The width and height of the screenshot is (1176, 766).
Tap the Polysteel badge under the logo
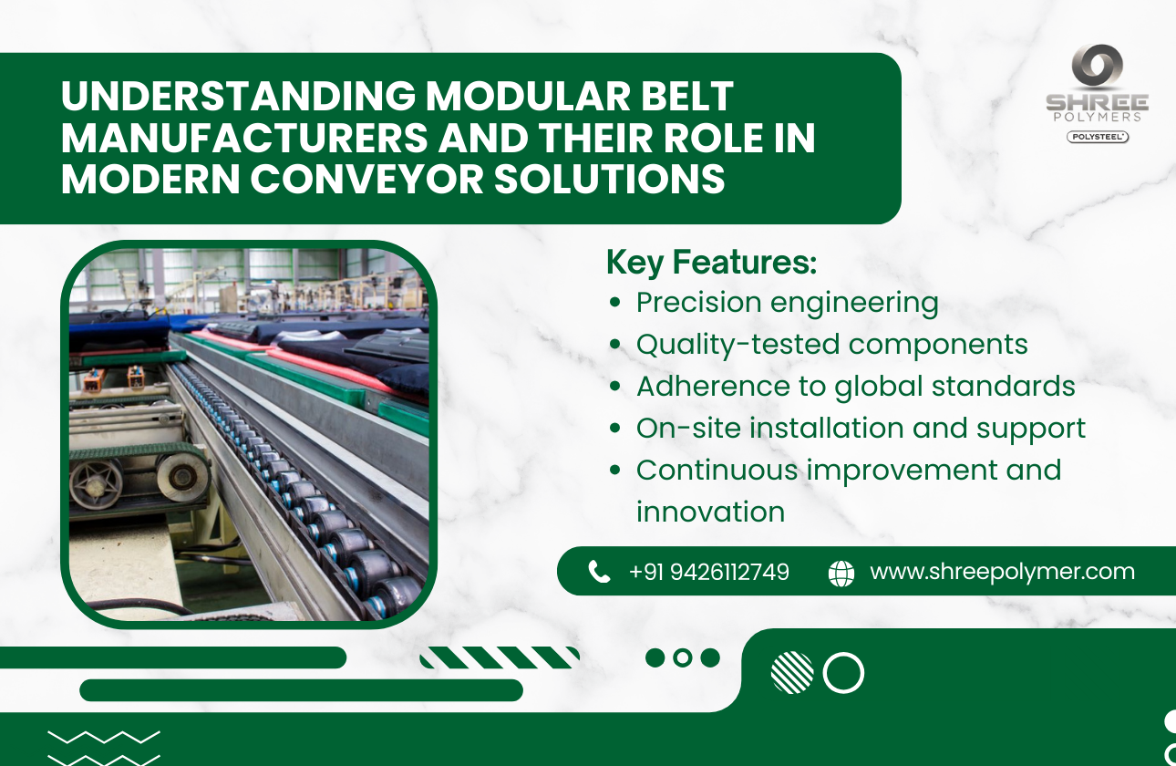pos(1098,137)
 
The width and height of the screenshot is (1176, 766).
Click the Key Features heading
pos(711,263)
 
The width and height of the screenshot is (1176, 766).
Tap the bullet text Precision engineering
pos(787,302)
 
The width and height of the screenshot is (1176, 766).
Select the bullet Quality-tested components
pos(831,344)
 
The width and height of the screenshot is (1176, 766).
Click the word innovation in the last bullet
pos(710,512)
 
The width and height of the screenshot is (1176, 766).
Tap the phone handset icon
pos(599,572)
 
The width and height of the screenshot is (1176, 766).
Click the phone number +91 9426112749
pos(708,572)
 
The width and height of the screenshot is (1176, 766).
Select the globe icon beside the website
pos(841,573)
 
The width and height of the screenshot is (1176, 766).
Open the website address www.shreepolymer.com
pos(1002,572)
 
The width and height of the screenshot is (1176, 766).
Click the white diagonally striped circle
pos(791,673)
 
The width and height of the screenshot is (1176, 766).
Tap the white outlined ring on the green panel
pos(843,673)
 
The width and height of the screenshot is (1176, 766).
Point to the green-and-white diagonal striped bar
pos(500,657)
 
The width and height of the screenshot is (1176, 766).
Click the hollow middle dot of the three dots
pos(682,657)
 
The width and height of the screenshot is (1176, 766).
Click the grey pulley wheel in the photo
pos(183,476)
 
